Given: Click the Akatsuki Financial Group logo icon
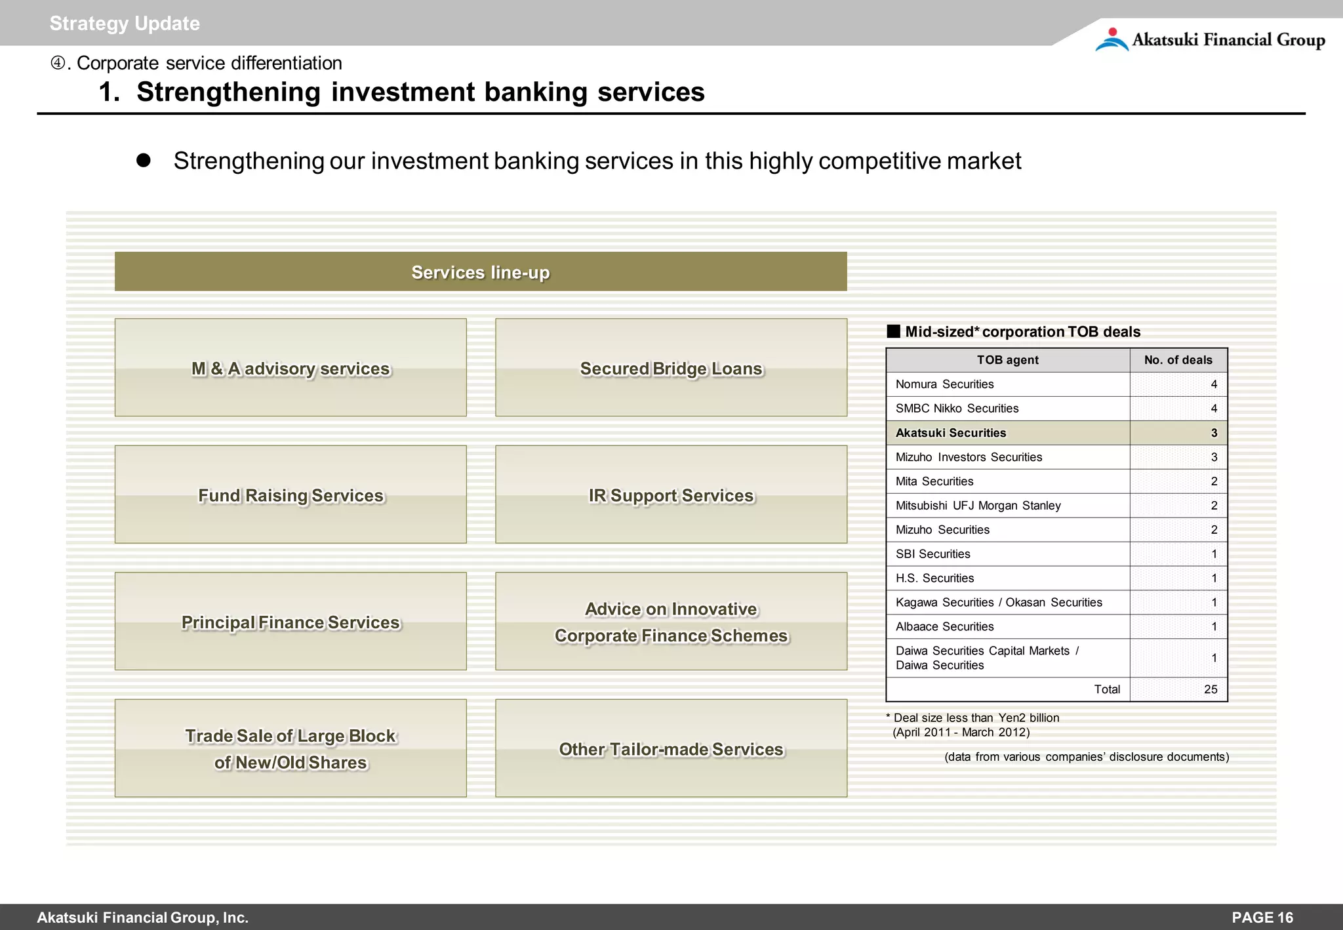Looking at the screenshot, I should click(1112, 39).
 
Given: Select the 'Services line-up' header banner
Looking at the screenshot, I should click(481, 272).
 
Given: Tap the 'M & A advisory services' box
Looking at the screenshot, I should click(291, 368).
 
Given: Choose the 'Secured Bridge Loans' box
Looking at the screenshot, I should click(671, 368).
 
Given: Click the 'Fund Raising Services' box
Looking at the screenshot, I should click(291, 495).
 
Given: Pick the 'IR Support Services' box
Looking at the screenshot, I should click(671, 495).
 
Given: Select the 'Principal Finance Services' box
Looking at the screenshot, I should click(291, 622).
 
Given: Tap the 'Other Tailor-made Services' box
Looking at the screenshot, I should click(671, 749).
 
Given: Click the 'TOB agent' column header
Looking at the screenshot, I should click(1007, 360).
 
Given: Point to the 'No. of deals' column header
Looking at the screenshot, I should click(1178, 360).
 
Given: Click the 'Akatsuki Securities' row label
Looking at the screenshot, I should click(950, 433).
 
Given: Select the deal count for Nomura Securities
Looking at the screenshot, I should click(1214, 384).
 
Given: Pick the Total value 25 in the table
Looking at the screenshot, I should click(1211, 689).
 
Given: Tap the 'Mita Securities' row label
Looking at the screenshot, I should click(934, 481).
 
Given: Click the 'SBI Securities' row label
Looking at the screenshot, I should click(932, 554).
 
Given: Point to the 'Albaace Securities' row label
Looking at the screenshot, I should click(944, 627).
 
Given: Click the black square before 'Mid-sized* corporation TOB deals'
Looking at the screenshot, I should click(893, 331).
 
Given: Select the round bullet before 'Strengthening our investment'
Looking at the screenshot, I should click(144, 161).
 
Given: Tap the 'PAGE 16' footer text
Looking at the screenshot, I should click(1262, 918).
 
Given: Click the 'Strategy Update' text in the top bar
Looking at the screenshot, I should click(125, 24).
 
